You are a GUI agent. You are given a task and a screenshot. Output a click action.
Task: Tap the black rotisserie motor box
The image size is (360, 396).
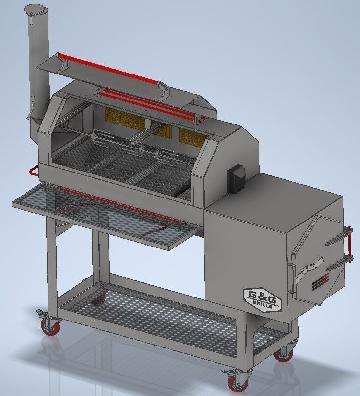(x=236, y=176)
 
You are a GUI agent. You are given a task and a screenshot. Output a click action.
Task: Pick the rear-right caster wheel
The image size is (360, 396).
(x=284, y=354)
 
